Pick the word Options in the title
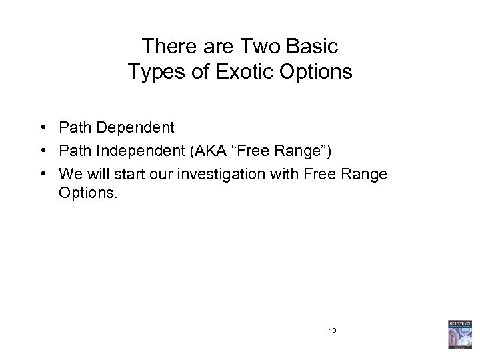coord(315,72)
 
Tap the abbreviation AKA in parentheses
coord(204,151)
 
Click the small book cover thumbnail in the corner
coord(460,335)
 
